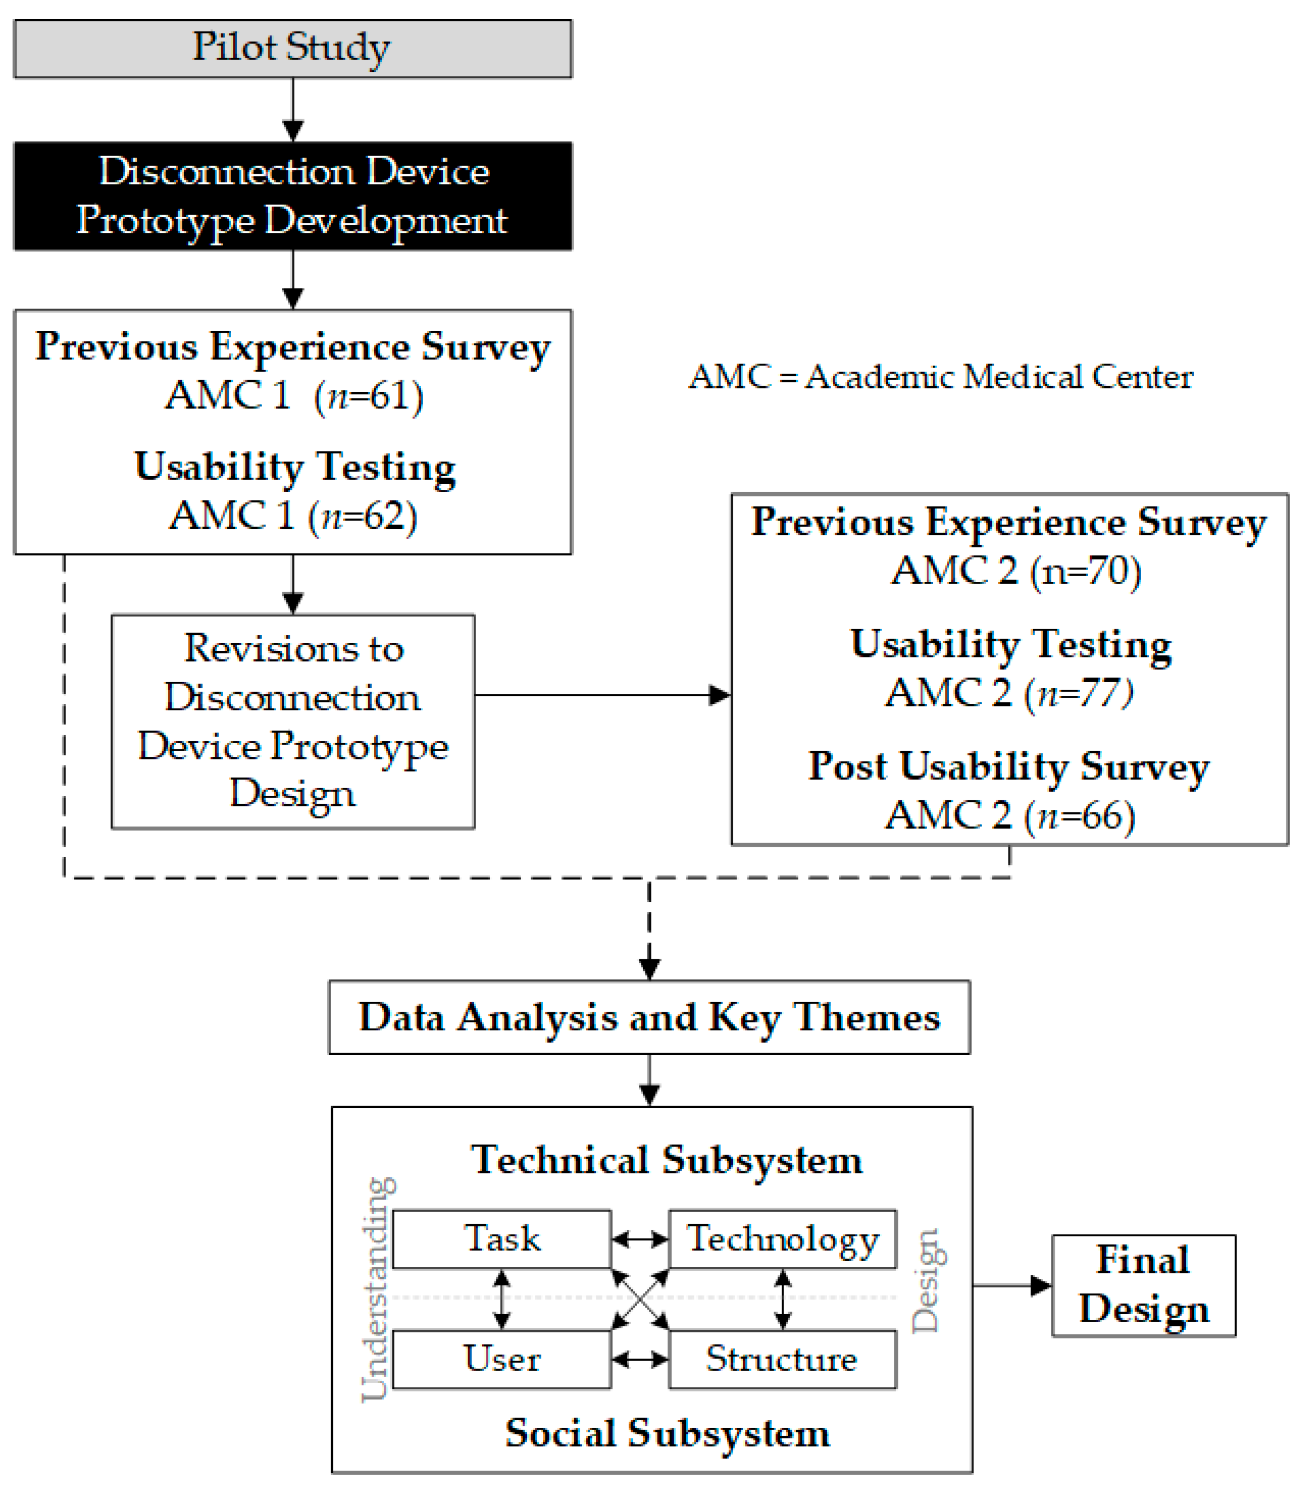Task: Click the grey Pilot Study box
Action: click(292, 49)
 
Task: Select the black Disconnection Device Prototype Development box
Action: click(292, 197)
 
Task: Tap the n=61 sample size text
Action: click(369, 397)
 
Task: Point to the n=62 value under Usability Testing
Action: click(364, 517)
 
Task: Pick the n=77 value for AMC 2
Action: click(1080, 693)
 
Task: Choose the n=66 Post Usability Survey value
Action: click(1081, 816)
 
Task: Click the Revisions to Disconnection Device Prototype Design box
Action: click(292, 721)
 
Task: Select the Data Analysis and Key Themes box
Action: click(649, 1017)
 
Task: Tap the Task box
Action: click(501, 1239)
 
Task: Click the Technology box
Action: click(782, 1239)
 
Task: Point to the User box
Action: click(501, 1359)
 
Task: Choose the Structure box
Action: click(782, 1359)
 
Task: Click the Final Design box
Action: click(1143, 1285)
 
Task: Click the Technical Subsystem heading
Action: click(667, 1160)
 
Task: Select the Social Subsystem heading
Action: click(667, 1434)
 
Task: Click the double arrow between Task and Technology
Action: click(639, 1239)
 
